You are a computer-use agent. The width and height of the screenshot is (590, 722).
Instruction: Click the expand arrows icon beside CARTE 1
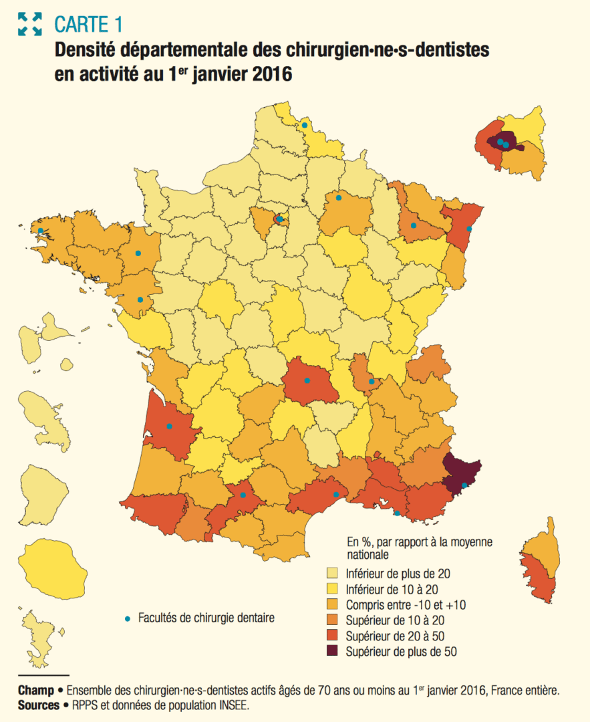point(30,24)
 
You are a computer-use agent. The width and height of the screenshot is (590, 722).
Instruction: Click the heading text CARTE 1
point(88,25)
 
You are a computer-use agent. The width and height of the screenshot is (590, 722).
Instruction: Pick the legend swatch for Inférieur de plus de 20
point(332,573)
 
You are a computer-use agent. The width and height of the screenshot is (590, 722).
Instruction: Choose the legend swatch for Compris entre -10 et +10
point(332,604)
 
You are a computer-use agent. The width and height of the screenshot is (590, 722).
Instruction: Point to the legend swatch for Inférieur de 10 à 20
point(332,589)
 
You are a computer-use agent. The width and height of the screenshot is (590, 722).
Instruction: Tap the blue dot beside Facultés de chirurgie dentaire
point(128,618)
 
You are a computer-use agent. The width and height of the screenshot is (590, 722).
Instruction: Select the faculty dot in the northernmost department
point(304,125)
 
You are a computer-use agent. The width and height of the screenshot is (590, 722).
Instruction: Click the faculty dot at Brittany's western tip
point(41,231)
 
